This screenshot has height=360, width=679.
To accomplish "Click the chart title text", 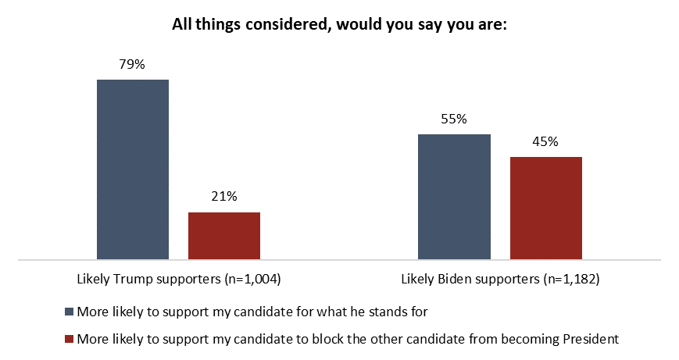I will coord(340,25).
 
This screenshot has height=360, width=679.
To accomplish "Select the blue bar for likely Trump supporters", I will coord(133,169).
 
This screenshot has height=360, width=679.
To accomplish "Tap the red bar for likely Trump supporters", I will coord(224,235).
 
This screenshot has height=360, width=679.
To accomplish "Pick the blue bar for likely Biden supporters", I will coord(454,196).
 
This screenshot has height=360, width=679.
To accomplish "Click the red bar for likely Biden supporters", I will coord(546,208).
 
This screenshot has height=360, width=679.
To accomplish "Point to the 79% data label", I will coord(133,65).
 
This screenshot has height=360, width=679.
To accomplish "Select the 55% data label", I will coord(454,119).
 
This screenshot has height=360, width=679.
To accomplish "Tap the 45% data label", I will coord(546,142).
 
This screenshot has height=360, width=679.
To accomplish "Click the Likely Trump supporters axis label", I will coord(178,279).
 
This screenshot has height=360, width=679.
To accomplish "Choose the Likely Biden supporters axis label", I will coord(500,279).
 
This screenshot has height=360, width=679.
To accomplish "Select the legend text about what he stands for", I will coord(252,311).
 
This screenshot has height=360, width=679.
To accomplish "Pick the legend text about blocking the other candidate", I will coord(347,339).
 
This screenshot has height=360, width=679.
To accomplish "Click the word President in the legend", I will coord(592,339).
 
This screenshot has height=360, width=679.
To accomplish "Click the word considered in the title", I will coord(269,25).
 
